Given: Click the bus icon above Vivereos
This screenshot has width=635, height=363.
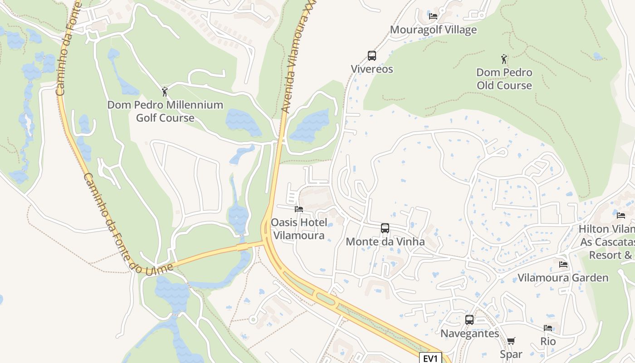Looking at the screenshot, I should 372,56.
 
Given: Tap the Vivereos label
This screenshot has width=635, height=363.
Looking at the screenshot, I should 372,69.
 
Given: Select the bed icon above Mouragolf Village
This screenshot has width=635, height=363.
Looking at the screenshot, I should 433,16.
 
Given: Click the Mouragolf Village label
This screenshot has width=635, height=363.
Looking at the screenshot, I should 433,30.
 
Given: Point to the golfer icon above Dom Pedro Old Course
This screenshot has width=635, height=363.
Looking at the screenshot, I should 504,59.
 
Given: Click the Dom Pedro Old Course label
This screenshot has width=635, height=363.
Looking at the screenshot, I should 504,79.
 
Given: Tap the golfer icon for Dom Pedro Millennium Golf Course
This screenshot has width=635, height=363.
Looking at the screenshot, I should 165,92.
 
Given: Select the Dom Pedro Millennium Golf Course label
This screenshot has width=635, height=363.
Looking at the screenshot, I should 165,111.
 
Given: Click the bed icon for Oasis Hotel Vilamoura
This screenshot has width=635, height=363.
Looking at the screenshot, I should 298,209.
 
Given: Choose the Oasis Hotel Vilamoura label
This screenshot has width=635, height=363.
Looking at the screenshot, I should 298,229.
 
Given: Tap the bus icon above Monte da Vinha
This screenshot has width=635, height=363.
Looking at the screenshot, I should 385,228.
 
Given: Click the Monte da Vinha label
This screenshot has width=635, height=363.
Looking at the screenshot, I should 385,241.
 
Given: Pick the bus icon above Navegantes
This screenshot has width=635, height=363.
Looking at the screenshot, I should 469,320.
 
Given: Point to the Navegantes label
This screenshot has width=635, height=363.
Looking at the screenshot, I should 469,334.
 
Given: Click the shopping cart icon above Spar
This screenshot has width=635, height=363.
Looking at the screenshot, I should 511,341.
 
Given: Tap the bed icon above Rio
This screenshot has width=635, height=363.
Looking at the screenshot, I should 548,328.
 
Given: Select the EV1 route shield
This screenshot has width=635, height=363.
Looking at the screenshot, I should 430,358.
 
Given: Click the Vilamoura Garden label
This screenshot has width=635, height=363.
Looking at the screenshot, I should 563,278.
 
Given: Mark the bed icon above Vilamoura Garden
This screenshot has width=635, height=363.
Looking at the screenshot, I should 563,265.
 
